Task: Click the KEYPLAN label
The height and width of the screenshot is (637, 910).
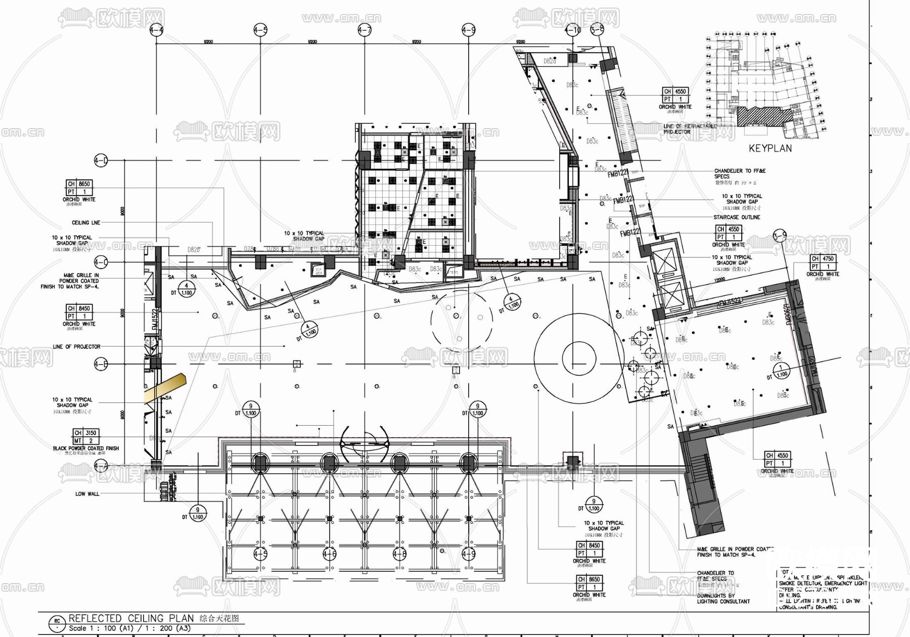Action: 770,149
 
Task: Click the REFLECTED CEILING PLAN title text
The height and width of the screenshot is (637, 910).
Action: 131,618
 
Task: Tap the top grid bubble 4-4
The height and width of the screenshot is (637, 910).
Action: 157,30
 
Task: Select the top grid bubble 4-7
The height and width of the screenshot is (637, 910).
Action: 365,30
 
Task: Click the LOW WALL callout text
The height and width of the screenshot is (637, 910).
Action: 87,493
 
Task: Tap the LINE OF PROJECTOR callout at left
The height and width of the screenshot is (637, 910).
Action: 77,347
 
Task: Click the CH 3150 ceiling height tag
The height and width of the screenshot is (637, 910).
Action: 85,433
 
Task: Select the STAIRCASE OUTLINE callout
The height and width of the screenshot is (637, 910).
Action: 737,217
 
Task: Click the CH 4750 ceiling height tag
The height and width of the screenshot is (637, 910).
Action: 823,259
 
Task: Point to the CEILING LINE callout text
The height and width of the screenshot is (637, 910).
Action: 86,222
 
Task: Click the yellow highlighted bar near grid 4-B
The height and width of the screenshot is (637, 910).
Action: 166,387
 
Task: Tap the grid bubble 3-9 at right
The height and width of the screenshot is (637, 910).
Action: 780,236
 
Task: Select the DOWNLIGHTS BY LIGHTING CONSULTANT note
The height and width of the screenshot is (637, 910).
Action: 723,599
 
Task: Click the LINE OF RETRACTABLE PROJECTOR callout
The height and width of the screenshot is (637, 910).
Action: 690,128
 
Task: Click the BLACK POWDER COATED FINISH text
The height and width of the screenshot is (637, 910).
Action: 86,448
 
